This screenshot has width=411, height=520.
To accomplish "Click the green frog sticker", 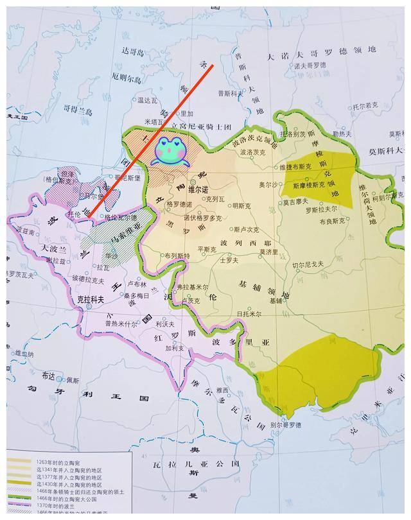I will click(x=170, y=151).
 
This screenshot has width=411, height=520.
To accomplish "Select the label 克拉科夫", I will click(x=90, y=299).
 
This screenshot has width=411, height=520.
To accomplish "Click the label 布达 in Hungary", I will click(x=49, y=376).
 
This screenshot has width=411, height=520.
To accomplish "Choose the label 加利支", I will click(x=174, y=349).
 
